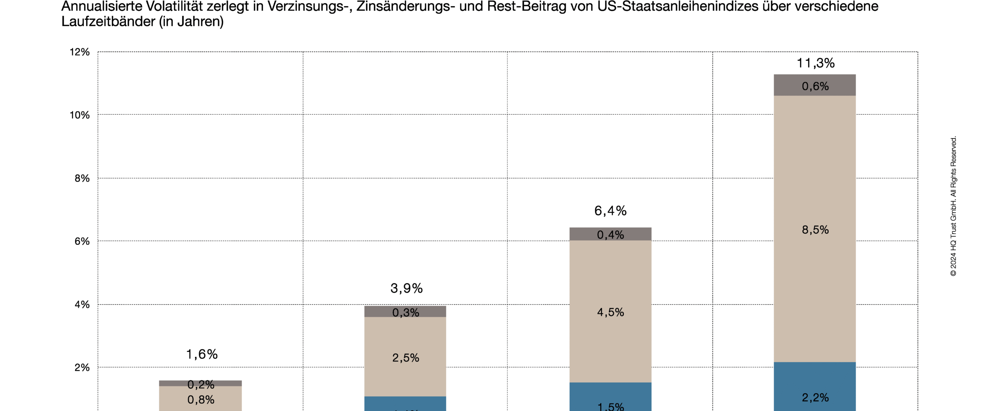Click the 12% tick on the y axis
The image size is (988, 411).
tap(80, 52)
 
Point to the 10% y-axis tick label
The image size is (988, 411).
tap(80, 115)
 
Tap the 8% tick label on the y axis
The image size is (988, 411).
tap(82, 178)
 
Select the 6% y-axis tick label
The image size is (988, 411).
tap(82, 241)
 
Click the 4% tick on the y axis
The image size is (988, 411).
tap(82, 305)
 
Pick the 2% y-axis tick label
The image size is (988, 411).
tap(82, 367)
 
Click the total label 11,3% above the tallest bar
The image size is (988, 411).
tap(815, 63)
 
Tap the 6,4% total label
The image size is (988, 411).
tap(610, 211)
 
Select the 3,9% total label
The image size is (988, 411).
tap(406, 288)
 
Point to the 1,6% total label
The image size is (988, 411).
tap(202, 354)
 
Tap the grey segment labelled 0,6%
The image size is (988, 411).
tap(815, 85)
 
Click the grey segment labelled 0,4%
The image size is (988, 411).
tap(610, 234)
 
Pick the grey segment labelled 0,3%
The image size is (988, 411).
tap(405, 312)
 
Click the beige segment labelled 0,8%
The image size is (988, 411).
tap(200, 399)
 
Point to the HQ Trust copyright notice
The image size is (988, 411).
tap(953, 206)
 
